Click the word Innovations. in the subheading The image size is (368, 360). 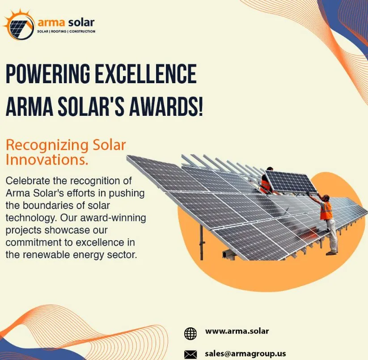47,159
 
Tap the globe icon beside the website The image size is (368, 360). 190,333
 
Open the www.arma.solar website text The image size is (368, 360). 237,331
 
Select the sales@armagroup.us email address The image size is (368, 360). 245,353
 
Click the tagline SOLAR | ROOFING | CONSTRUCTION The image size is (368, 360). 66,32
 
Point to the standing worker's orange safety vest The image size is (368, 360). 326,210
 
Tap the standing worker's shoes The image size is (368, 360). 331,253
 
